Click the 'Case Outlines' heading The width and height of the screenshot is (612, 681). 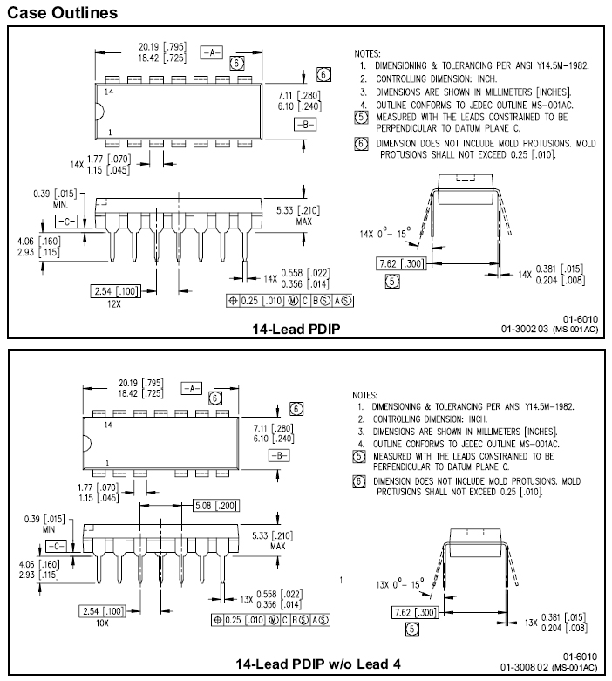[x=60, y=12]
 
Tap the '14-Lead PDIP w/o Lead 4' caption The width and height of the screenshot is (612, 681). [x=318, y=664]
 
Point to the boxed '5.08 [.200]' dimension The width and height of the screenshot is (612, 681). [x=214, y=505]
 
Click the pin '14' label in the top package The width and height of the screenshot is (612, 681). [x=109, y=92]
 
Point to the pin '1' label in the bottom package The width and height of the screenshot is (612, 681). [x=107, y=462]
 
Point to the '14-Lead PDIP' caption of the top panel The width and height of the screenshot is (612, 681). [x=296, y=329]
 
